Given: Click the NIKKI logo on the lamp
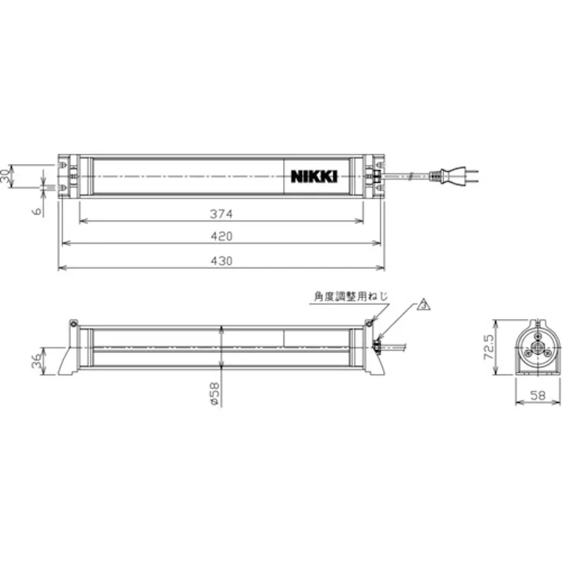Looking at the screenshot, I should pos(312,177).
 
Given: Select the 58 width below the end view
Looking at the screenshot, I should pos(536,394).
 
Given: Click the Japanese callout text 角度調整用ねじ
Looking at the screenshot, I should pos(350,296).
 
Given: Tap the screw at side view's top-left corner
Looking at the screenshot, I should pos(73,323).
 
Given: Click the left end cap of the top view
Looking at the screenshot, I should pos(69,177).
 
